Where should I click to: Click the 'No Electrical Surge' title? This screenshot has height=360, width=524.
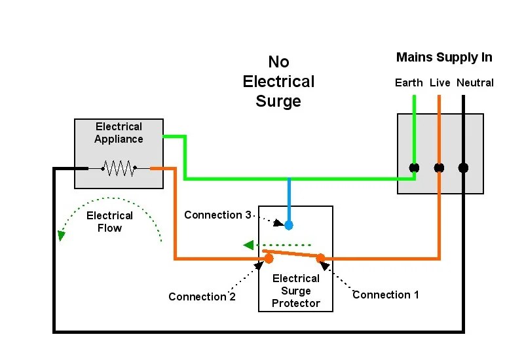click(278, 82)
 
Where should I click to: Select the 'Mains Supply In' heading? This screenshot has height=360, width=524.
click(444, 58)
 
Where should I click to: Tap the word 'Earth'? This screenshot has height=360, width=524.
click(409, 83)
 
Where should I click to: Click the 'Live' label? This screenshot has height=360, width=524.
click(440, 83)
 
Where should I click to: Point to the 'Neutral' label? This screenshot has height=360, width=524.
click(475, 83)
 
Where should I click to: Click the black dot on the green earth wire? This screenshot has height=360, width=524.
click(414, 168)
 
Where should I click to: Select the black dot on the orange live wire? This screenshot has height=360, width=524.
click(439, 168)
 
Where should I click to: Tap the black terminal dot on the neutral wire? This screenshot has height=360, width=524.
click(463, 168)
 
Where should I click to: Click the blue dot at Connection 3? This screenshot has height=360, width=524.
click(289, 225)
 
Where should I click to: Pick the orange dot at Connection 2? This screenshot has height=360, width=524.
click(269, 259)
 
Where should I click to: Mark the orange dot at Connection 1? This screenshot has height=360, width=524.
click(321, 258)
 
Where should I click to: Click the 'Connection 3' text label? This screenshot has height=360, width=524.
click(217, 215)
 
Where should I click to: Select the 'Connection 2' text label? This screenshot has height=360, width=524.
click(202, 297)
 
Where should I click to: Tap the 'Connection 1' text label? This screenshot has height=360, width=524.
click(386, 295)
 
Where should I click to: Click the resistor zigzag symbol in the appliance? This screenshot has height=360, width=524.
click(119, 169)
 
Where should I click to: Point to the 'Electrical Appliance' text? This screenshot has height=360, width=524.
click(119, 133)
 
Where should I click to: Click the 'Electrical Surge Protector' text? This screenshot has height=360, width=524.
click(296, 291)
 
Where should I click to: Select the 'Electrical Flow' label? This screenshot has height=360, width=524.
click(109, 222)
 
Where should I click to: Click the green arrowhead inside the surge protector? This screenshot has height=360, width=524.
click(248, 245)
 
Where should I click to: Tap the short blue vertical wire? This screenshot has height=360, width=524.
click(289, 200)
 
